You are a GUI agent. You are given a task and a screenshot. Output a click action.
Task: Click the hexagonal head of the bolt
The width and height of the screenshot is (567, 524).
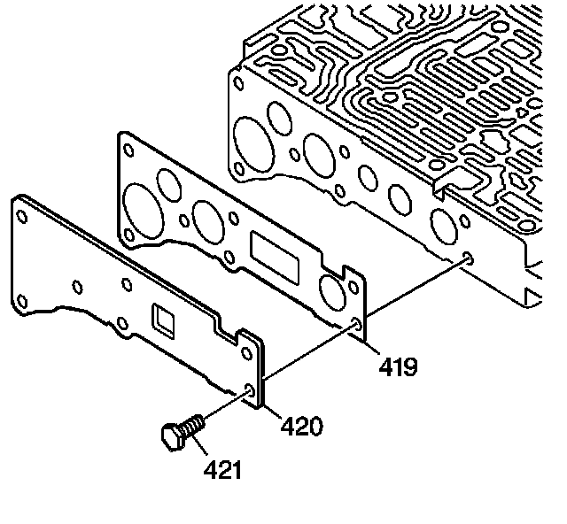pyautogui.click(x=173, y=436)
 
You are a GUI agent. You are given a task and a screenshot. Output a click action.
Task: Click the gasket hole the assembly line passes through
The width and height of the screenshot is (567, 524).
pyautogui.click(x=356, y=324)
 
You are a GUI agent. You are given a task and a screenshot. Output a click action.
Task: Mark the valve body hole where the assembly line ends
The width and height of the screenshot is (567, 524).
pyautogui.click(x=466, y=258)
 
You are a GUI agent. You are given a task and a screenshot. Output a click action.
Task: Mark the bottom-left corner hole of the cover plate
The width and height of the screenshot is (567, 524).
pyautogui.click(x=21, y=300)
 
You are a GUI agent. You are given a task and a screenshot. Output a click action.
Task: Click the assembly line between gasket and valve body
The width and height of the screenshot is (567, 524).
pyautogui.click(x=412, y=291)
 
